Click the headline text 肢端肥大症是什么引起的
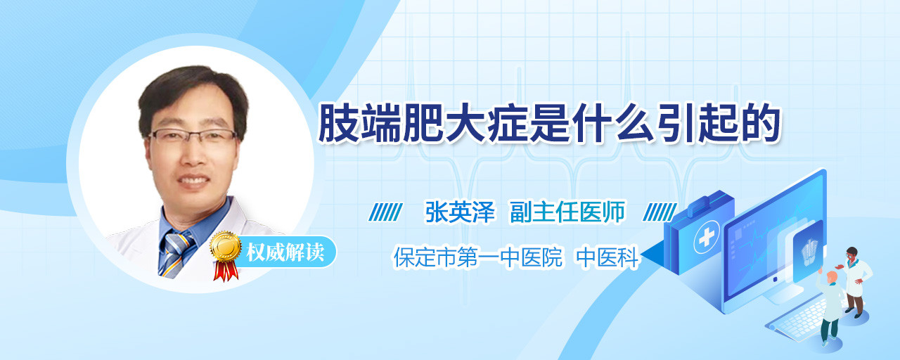[x=549, y=123]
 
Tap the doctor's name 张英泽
[x=460, y=212]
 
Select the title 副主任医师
[x=567, y=212]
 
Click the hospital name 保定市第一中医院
[x=477, y=257]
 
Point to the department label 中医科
[x=607, y=257]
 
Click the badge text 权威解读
[x=285, y=252]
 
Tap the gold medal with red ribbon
[x=226, y=255]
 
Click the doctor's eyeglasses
[x=193, y=136]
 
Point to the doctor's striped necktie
[x=176, y=254]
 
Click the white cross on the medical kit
[x=706, y=238]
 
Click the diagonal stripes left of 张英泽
[x=385, y=212]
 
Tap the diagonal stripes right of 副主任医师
[x=660, y=212]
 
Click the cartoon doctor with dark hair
[x=855, y=282]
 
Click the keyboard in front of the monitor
[x=797, y=317]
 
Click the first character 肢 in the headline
[x=338, y=123]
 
